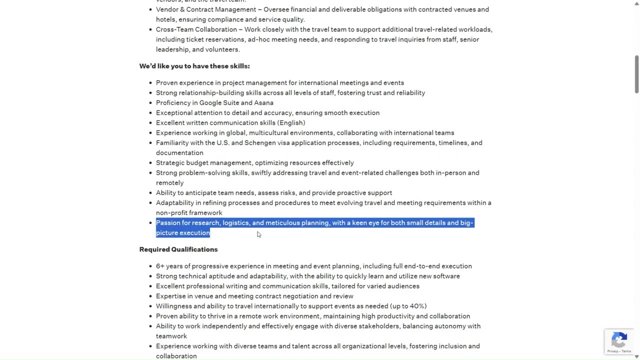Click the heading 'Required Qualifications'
coord(178,249)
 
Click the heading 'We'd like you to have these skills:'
coord(194,66)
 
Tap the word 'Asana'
coord(263,103)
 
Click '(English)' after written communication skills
coord(291,123)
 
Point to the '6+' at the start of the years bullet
coord(160,266)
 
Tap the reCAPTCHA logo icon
coord(619,340)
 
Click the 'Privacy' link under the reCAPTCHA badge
coord(612,351)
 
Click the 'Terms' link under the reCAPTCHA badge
coord(626,351)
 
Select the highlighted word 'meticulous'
coord(282,223)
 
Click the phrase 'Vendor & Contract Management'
coord(206,9)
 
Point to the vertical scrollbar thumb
coord(636,73)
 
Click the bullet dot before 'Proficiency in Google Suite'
coord(150,103)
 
